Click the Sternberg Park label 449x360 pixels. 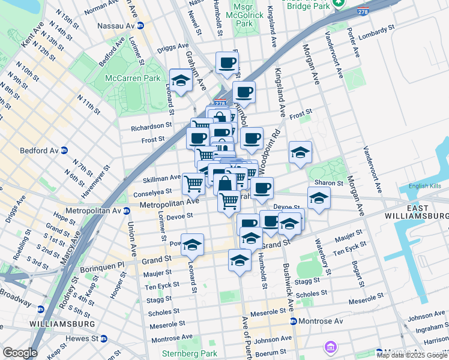189,353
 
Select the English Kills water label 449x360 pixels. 424,186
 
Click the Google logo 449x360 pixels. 20,352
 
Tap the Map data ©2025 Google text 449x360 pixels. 412,355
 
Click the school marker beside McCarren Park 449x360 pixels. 180,80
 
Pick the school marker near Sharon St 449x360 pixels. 319,197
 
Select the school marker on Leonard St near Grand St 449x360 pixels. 192,244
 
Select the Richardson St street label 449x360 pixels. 148,127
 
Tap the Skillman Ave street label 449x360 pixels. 161,178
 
